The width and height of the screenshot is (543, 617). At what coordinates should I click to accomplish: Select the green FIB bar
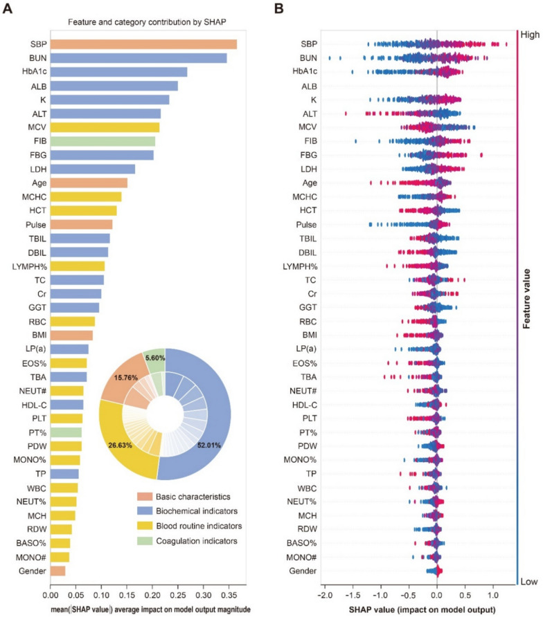[x=103, y=141]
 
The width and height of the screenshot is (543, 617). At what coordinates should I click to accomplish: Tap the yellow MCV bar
[x=105, y=127]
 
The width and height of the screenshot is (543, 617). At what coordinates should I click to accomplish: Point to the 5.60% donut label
[x=154, y=358]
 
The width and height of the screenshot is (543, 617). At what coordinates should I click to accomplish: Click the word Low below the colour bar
[x=529, y=582]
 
